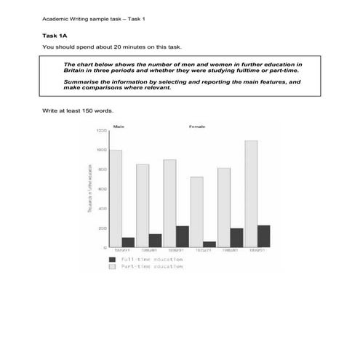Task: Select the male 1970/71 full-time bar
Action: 128,242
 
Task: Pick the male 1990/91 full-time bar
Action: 182,236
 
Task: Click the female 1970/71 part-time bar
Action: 196,212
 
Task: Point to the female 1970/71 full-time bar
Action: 209,244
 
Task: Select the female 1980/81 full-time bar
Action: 236,238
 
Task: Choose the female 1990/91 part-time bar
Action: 251,193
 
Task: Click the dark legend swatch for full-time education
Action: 112,259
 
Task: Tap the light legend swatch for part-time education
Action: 112,266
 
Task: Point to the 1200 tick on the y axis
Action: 100,131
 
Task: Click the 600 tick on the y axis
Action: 101,189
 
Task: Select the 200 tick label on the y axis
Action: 101,228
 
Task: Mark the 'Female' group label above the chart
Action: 197,127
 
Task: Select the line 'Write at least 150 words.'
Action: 79,111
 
